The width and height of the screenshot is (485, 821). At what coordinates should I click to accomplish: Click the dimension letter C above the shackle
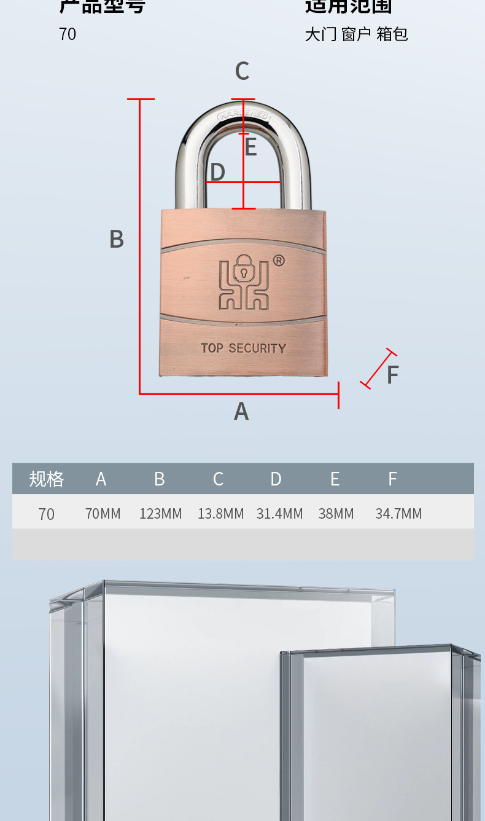[x=242, y=72]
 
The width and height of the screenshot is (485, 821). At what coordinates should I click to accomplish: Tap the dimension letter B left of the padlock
[x=117, y=239]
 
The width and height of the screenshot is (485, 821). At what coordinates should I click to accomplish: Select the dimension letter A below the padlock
[x=241, y=411]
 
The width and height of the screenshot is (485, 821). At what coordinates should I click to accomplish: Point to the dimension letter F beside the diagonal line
[x=393, y=375]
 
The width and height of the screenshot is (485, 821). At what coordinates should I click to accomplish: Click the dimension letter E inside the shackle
[x=250, y=147]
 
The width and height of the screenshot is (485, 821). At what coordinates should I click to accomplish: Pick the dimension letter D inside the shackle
[x=217, y=173]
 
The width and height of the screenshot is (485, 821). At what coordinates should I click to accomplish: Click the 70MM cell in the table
[x=103, y=514]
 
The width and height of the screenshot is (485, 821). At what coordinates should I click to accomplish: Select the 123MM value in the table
[x=161, y=514]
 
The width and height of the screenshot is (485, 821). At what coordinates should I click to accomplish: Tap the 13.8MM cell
[x=220, y=514]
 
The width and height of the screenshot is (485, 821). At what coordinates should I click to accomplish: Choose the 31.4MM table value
[x=279, y=514]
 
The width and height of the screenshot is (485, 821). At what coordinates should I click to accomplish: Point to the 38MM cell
[x=336, y=514]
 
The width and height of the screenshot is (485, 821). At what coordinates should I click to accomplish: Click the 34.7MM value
[x=398, y=514]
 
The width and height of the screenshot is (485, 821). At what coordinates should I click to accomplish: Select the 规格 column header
[x=47, y=479]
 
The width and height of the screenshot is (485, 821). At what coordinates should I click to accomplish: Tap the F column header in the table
[x=393, y=479]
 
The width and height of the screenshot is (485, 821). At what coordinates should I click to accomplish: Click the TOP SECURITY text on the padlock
[x=244, y=348]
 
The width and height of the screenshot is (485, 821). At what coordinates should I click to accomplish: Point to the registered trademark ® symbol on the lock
[x=278, y=261]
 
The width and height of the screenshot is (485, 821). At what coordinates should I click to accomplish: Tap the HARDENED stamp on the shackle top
[x=244, y=115]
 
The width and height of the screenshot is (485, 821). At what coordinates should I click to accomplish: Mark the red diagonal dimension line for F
[x=378, y=369]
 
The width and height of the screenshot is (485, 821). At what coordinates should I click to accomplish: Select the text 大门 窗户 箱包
[x=356, y=34]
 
